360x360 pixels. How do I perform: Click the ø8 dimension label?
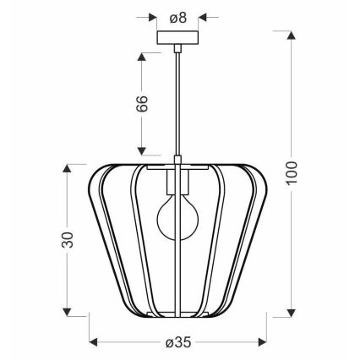177,19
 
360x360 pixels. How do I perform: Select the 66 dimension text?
142,104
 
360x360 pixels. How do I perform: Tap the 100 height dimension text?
292,172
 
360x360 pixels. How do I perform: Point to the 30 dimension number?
68,240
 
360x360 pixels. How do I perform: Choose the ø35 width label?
178,342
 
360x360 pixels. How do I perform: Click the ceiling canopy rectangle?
177,38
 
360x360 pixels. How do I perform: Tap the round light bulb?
177,216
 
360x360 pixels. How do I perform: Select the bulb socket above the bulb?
177,182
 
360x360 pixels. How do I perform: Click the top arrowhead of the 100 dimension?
292,35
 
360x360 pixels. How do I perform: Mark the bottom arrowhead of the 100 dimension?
292,313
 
